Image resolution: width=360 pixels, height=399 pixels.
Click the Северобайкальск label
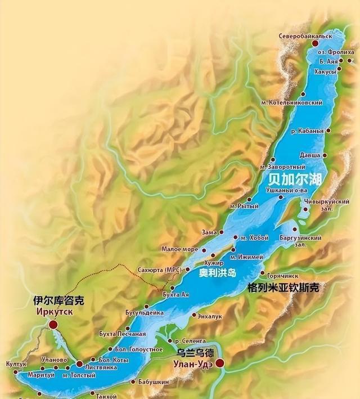[x=305, y=36]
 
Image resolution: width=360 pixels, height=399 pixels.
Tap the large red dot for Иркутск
[x=53, y=324]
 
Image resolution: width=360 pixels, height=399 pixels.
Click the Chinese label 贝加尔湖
[x=294, y=180]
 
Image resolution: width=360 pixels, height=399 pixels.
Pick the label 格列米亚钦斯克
[x=283, y=288]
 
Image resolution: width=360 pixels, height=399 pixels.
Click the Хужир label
[x=214, y=263]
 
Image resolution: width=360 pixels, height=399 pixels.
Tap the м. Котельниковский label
[x=292, y=102]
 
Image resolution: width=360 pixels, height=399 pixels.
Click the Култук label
[x=16, y=364]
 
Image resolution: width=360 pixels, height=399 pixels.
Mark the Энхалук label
[x=210, y=316]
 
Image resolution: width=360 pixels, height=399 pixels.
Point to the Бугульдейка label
[x=145, y=312]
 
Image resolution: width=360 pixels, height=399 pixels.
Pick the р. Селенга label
[x=190, y=341]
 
